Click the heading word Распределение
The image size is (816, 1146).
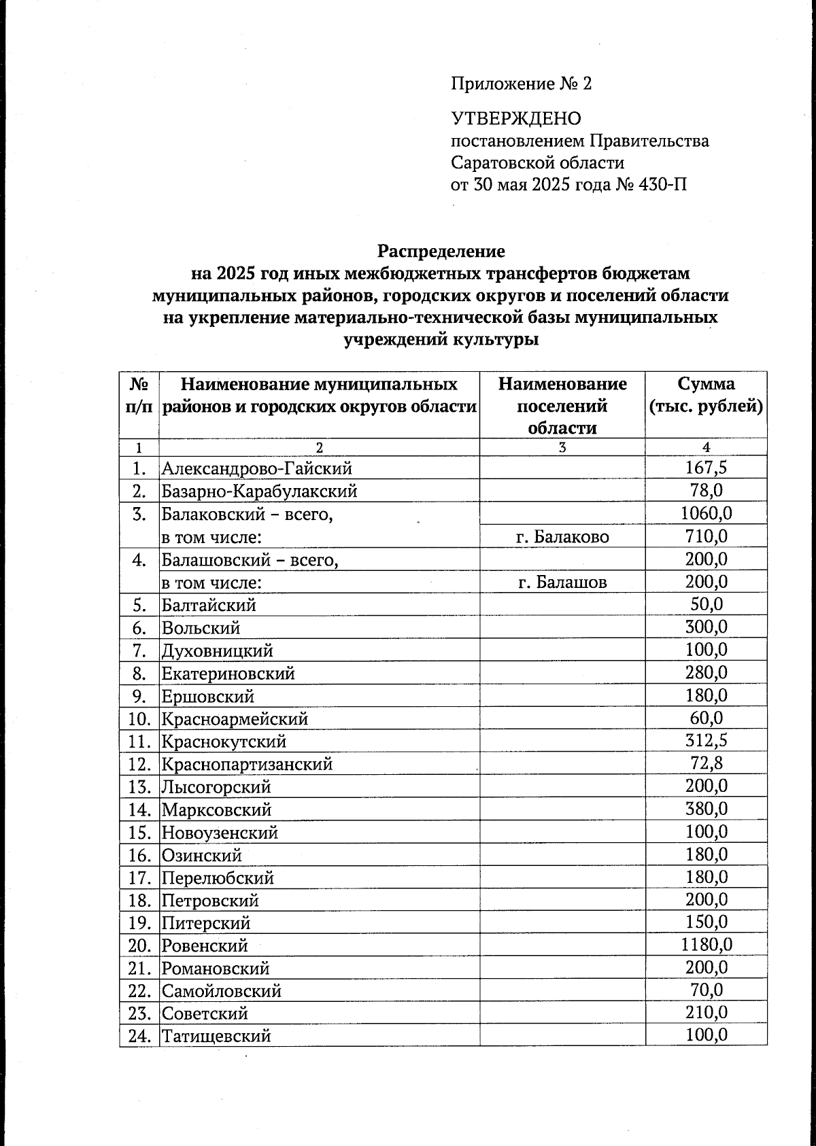coord(441,251)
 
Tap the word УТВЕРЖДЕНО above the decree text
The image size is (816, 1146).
coord(516,119)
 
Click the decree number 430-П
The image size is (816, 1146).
coord(661,184)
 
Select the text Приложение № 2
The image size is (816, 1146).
coord(521,84)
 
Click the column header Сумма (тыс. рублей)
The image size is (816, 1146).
coord(706,396)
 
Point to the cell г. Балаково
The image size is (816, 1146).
coord(562,537)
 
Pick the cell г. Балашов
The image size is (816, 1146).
coord(562,583)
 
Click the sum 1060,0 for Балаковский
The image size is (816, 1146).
coord(706,514)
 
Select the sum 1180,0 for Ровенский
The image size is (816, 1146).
coord(706,945)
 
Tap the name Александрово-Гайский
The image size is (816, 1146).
coord(256,468)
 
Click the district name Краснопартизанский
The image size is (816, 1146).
coord(247,764)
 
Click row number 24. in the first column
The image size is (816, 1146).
coord(139,1037)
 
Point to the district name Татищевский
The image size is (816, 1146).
coord(216,1037)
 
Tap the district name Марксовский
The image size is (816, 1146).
coord(216,810)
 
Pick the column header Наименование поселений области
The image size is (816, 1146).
coord(562,406)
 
